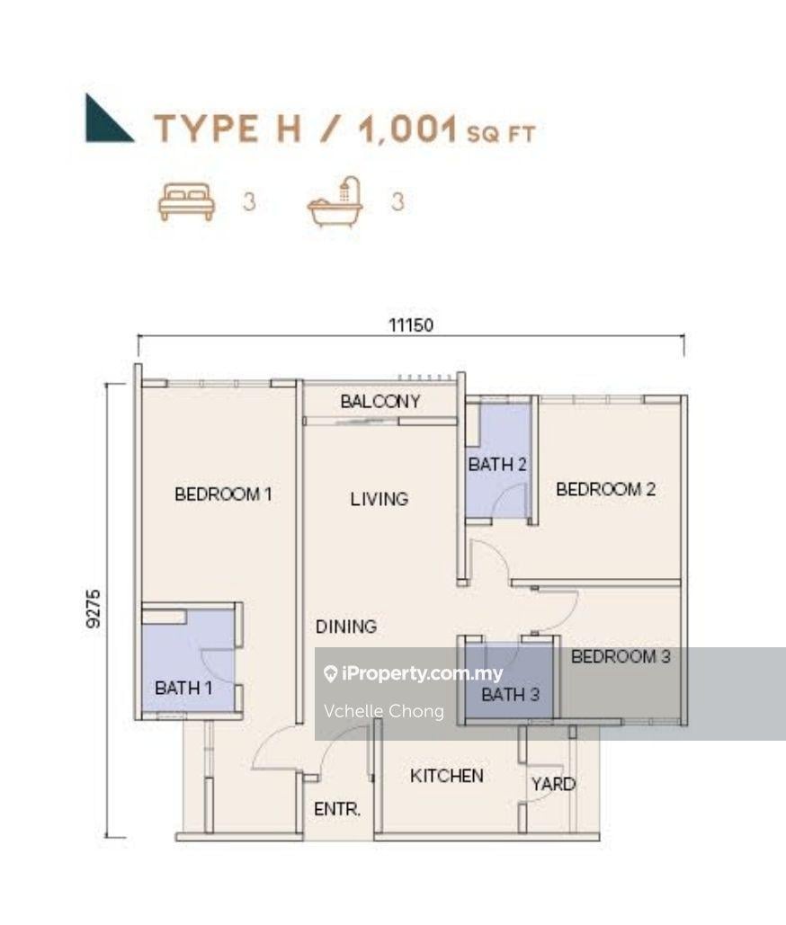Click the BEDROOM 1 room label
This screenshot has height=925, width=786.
coord(223,494)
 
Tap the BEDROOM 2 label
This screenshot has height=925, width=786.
coord(605,489)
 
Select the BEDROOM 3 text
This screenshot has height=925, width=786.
coord(621,656)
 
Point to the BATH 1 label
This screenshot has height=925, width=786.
coord(183,688)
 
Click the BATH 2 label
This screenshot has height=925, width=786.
coord(496,465)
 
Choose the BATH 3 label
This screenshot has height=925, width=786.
coord(510,695)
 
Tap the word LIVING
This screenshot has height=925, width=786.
coord(379,498)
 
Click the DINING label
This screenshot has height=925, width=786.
coord(345,627)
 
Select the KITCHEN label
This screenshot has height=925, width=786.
coord(447,776)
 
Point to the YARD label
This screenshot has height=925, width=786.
coord(552,784)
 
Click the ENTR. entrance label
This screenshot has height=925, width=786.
coord(337,809)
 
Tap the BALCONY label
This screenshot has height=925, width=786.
coord(380,402)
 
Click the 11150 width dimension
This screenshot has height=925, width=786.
coord(410,325)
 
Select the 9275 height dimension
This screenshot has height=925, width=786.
coord(94,609)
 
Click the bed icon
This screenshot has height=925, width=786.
coord(186,201)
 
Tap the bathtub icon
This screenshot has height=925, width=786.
coord(335,201)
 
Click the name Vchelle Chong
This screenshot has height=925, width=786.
coord(384,711)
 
